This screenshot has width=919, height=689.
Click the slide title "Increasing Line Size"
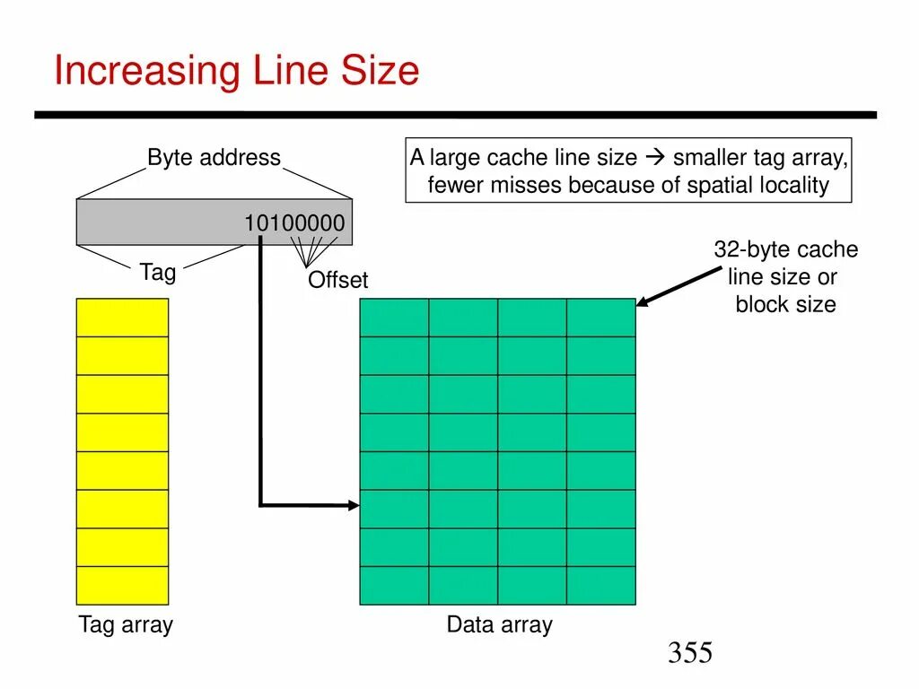(236, 71)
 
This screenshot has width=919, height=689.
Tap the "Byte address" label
(214, 158)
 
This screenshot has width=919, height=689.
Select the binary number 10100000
(294, 222)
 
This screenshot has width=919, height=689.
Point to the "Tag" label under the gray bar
(158, 273)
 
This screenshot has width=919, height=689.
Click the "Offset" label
(337, 280)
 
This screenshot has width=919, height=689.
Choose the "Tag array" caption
(125, 625)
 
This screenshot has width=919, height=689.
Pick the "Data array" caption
(499, 625)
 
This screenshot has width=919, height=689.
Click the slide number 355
(689, 653)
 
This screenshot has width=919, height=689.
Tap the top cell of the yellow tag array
(122, 318)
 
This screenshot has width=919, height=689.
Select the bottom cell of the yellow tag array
(122, 585)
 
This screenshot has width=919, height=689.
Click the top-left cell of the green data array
(394, 318)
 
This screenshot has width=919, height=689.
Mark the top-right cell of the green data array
(600, 318)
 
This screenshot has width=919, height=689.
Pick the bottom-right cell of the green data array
(600, 585)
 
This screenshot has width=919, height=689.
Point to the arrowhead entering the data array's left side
(353, 506)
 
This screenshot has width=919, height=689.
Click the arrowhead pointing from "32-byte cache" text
(643, 302)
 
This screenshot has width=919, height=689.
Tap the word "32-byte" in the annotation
(749, 249)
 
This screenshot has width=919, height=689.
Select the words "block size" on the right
(785, 304)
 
